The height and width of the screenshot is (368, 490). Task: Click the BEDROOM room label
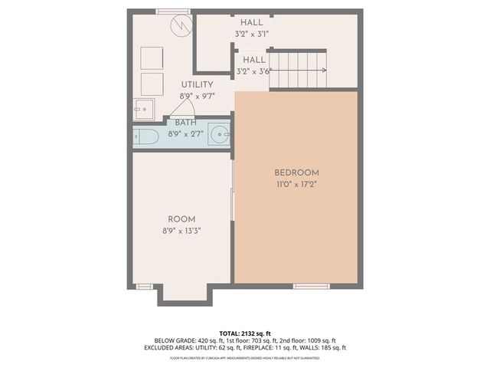[x=296, y=172]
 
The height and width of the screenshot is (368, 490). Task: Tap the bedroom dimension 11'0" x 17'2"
[x=296, y=185]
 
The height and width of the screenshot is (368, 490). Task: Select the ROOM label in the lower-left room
[x=182, y=218]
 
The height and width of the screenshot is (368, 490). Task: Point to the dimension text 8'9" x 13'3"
[x=182, y=229]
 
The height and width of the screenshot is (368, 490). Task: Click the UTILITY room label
[x=197, y=84]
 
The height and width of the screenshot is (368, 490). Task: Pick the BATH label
[x=185, y=123]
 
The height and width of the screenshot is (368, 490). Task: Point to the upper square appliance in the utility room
[x=152, y=57]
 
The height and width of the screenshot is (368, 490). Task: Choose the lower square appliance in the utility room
[x=152, y=83]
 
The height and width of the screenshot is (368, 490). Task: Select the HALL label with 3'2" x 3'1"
[x=252, y=28]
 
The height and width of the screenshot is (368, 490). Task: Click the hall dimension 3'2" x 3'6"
[x=254, y=71]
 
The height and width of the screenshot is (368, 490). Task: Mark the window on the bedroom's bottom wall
[x=311, y=286]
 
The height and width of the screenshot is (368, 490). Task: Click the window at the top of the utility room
[x=173, y=11]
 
